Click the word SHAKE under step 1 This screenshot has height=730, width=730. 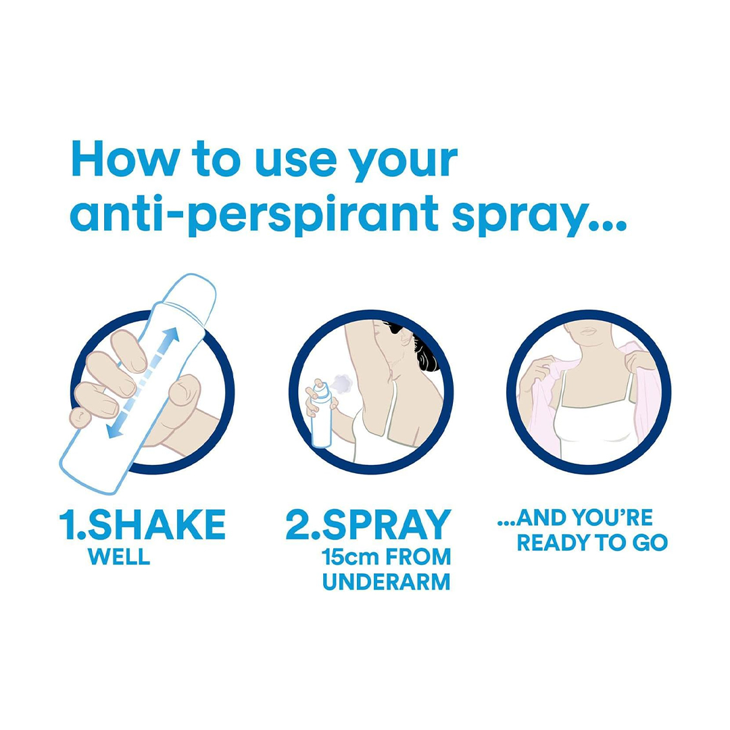(x=156, y=525)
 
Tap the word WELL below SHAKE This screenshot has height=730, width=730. (x=119, y=557)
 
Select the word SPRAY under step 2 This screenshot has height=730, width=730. (x=387, y=525)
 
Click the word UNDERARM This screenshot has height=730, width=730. (x=387, y=582)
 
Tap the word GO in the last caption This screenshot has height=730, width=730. (x=650, y=543)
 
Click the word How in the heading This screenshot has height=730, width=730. (x=125, y=160)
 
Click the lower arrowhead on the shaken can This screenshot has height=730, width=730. (x=114, y=430)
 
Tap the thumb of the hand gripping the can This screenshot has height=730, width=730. (x=185, y=389)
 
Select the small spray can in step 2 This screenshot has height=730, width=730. (x=321, y=414)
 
